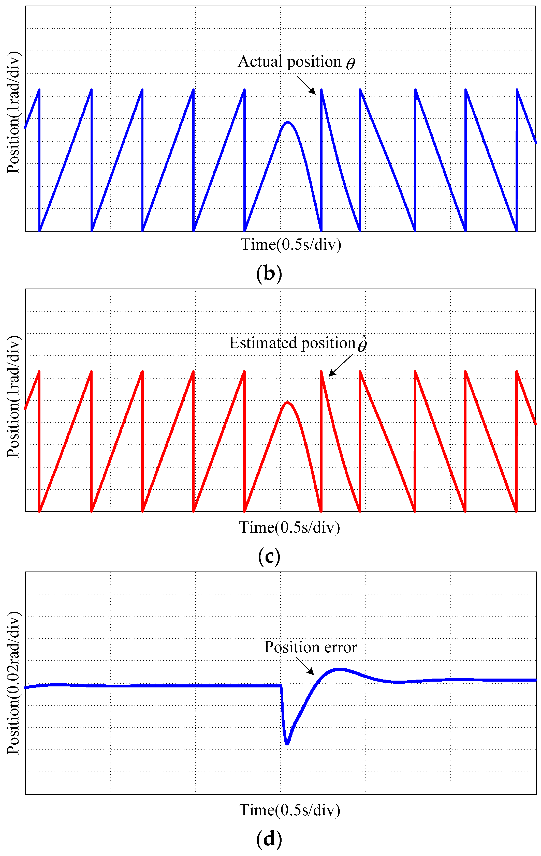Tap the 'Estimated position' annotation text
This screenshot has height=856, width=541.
click(293, 343)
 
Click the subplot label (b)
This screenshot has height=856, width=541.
click(269, 274)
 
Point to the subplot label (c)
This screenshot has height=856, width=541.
click(269, 557)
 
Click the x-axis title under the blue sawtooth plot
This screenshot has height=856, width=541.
click(291, 245)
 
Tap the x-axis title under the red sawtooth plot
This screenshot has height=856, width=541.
click(289, 528)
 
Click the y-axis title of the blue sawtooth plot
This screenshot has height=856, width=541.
click(13, 112)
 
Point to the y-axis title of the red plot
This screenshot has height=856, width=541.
click(13, 396)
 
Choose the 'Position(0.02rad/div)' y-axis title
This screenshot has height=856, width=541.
click(13, 683)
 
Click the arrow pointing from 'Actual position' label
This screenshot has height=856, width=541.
click(306, 86)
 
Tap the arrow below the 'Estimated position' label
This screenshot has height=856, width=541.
click(340, 365)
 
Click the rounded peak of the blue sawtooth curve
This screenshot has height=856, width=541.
click(287, 123)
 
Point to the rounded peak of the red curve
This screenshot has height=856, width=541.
click(287, 403)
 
